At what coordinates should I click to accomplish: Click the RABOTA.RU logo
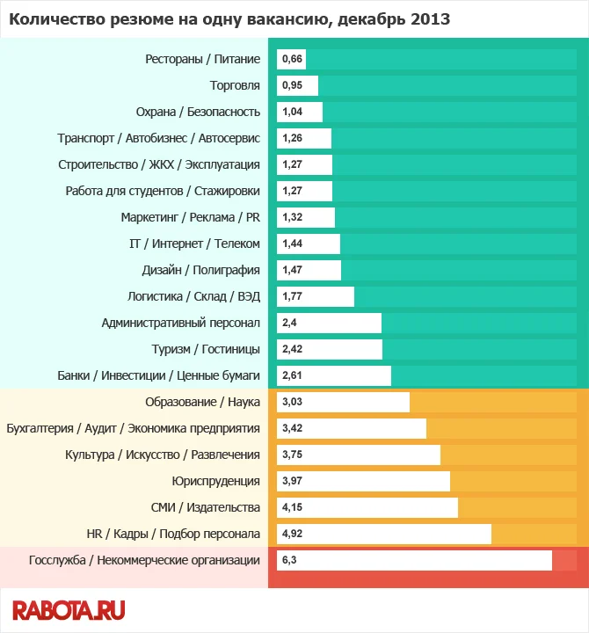coord(69,609)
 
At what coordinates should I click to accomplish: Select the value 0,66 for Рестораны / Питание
coord(292,59)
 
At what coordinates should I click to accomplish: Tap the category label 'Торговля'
coord(235,85)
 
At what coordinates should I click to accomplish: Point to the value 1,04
coord(292,112)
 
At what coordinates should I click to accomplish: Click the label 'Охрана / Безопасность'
coord(198,112)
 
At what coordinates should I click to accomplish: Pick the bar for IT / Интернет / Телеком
coord(309,244)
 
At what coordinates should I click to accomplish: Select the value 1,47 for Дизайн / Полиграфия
coord(292,270)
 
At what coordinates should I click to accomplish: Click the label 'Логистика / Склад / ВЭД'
coord(193,296)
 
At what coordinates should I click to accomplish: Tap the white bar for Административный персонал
coord(330,323)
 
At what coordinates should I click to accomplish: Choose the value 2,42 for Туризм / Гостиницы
coord(292,349)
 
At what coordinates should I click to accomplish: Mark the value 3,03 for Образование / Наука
coord(292,402)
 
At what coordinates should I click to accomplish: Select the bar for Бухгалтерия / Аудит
coord(352,428)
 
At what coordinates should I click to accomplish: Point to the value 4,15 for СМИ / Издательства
coord(292,507)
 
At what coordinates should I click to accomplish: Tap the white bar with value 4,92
coord(384,534)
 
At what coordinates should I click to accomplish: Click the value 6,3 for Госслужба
coord(288,560)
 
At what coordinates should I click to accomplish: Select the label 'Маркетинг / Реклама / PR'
coord(190,217)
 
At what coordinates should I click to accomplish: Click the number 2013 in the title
coord(430,18)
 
